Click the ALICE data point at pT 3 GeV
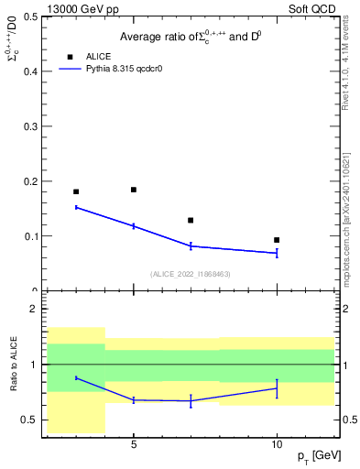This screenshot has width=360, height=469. [76, 191]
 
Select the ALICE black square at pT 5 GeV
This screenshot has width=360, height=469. [134, 190]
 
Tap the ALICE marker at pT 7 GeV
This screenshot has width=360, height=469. [191, 220]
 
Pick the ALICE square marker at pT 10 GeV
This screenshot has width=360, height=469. [277, 240]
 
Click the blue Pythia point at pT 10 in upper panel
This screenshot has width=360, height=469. [277, 253]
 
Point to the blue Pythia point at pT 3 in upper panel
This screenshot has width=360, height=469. [76, 207]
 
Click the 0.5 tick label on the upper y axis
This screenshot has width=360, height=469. [30, 16]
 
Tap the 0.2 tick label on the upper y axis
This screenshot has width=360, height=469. [30, 181]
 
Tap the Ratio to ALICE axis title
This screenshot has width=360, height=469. [14, 365]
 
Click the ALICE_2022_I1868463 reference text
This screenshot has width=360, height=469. [191, 274]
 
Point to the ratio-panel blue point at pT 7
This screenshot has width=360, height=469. [191, 401]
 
